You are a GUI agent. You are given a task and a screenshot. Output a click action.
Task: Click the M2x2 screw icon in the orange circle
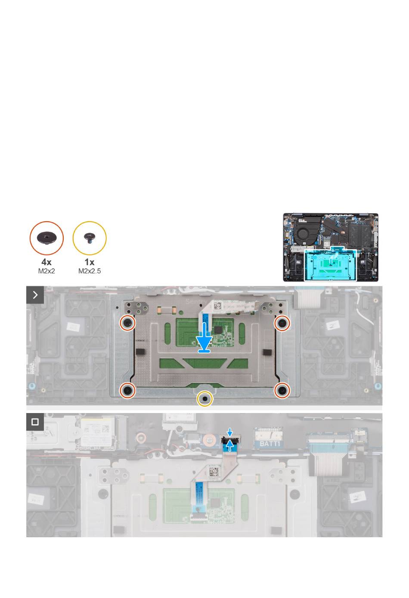pos(46,238)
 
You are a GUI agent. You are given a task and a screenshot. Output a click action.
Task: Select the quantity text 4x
pos(46,262)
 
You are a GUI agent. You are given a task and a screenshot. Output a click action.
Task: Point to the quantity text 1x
pos(90,262)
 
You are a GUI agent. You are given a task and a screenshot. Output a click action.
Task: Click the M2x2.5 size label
pos(90,271)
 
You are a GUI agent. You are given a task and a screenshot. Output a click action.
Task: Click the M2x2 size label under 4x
pos(46,271)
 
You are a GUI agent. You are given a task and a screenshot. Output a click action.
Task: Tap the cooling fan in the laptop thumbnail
pos(304,232)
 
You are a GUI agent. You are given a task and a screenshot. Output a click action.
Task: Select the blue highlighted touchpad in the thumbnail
pos(330,264)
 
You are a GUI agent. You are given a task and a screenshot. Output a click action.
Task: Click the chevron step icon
pos(35,295)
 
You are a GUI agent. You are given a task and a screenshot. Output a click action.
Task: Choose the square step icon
pos(35,422)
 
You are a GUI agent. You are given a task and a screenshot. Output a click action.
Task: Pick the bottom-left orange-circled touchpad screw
pos(128,390)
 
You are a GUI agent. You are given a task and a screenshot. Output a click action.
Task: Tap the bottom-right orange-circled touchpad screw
pos(282,390)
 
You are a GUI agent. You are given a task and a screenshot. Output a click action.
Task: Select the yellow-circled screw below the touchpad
pos(204,399)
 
